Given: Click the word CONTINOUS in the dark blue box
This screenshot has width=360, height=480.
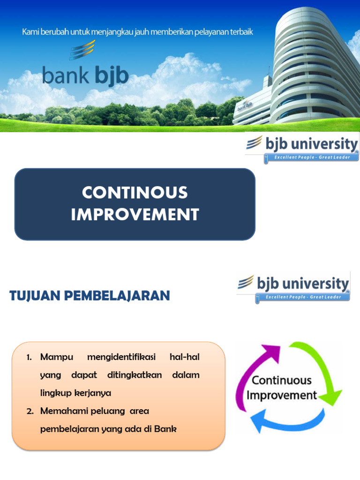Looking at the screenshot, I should (x=135, y=193).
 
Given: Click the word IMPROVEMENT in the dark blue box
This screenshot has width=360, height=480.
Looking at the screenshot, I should (x=135, y=215).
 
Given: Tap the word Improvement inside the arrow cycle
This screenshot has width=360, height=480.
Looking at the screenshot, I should (x=282, y=395).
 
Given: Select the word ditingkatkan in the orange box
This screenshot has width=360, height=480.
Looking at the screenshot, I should (x=135, y=375).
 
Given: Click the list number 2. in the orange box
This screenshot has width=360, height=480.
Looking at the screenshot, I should (x=30, y=411).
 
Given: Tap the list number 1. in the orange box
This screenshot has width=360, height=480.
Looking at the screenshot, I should (x=30, y=357).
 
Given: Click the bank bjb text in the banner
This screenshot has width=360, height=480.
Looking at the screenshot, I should (x=85, y=75).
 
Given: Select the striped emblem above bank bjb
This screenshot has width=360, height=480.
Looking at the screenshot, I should (x=82, y=50).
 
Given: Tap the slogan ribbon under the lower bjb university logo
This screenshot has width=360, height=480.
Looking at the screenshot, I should (x=303, y=297).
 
